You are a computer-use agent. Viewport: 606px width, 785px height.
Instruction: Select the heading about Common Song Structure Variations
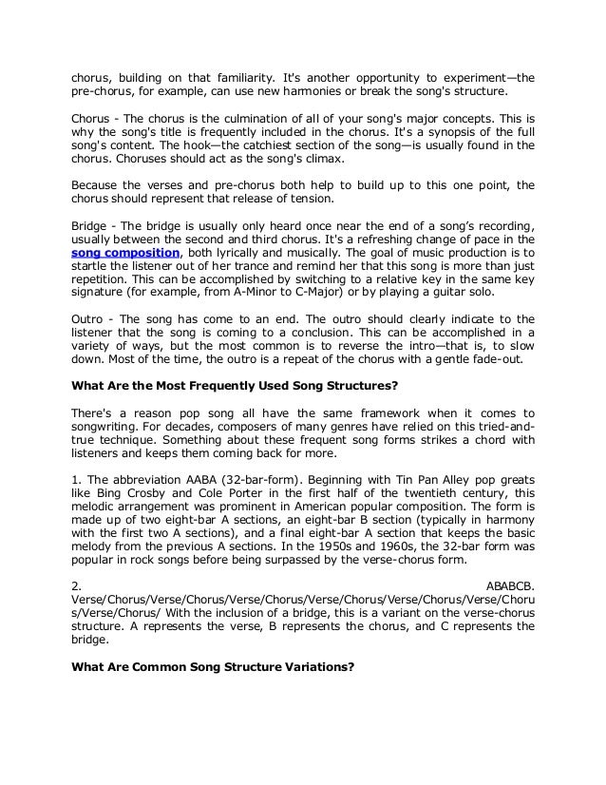(213, 666)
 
